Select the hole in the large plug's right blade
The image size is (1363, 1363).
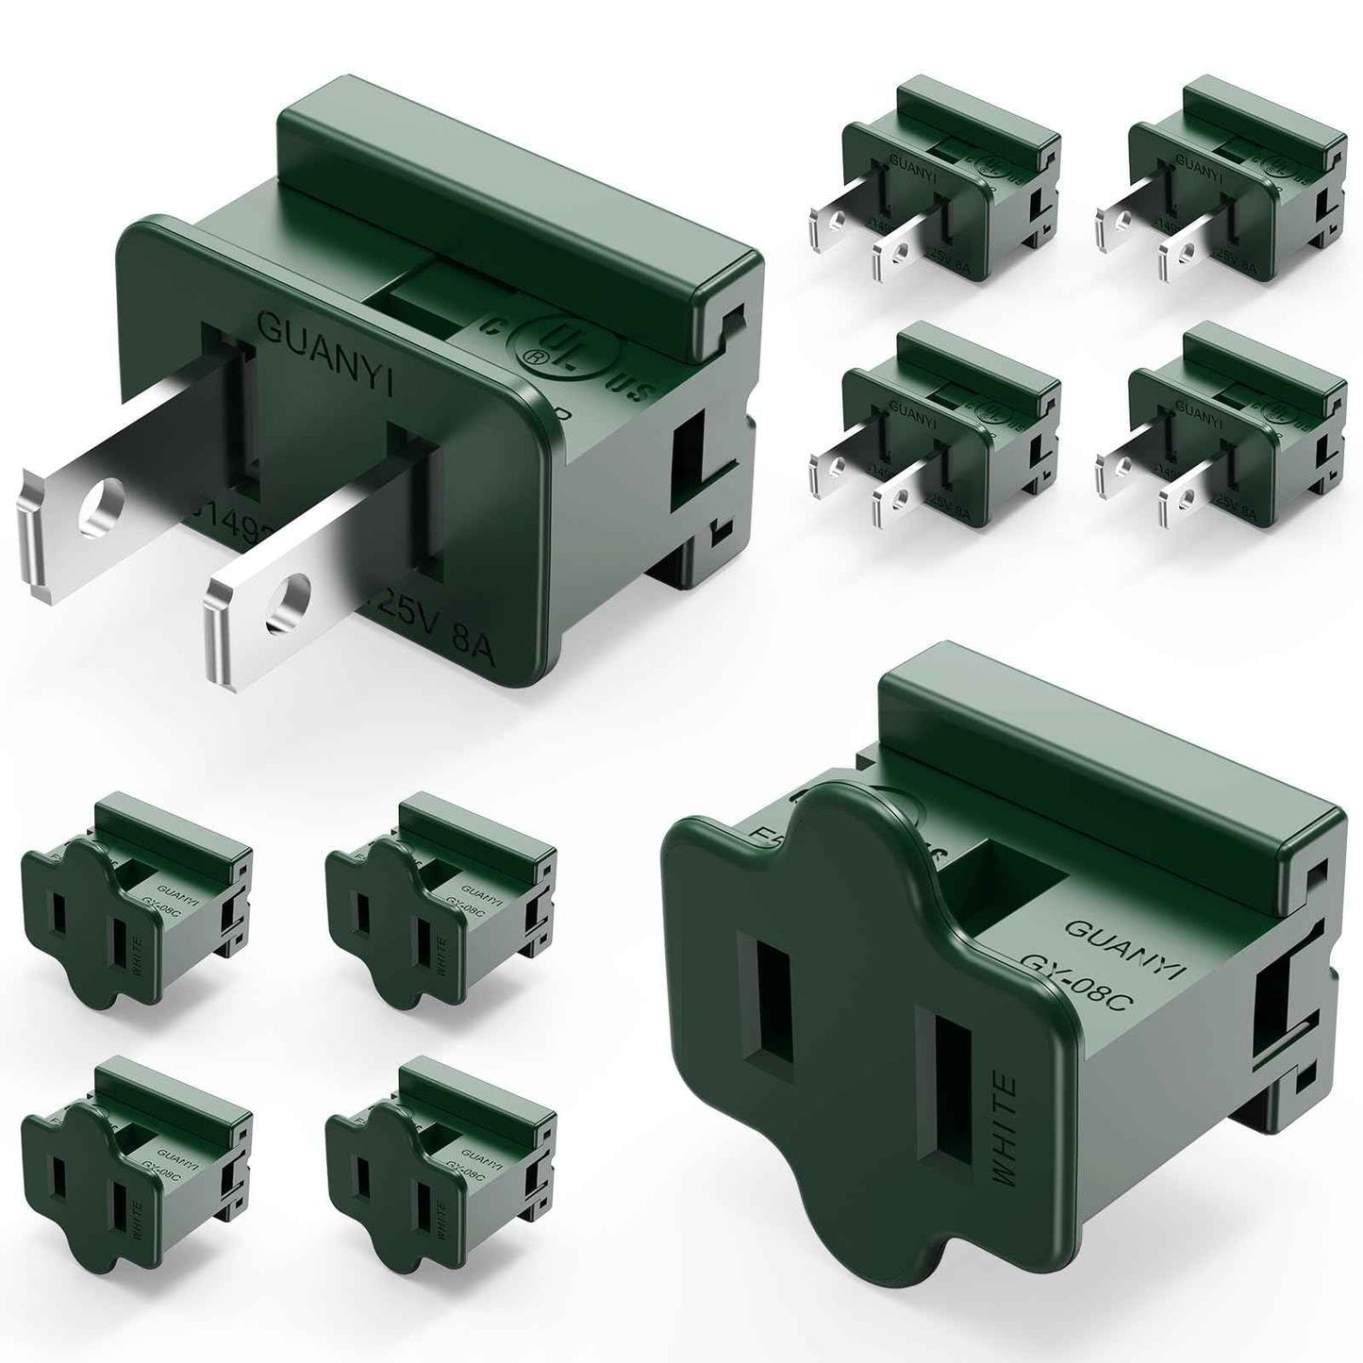(290, 604)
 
